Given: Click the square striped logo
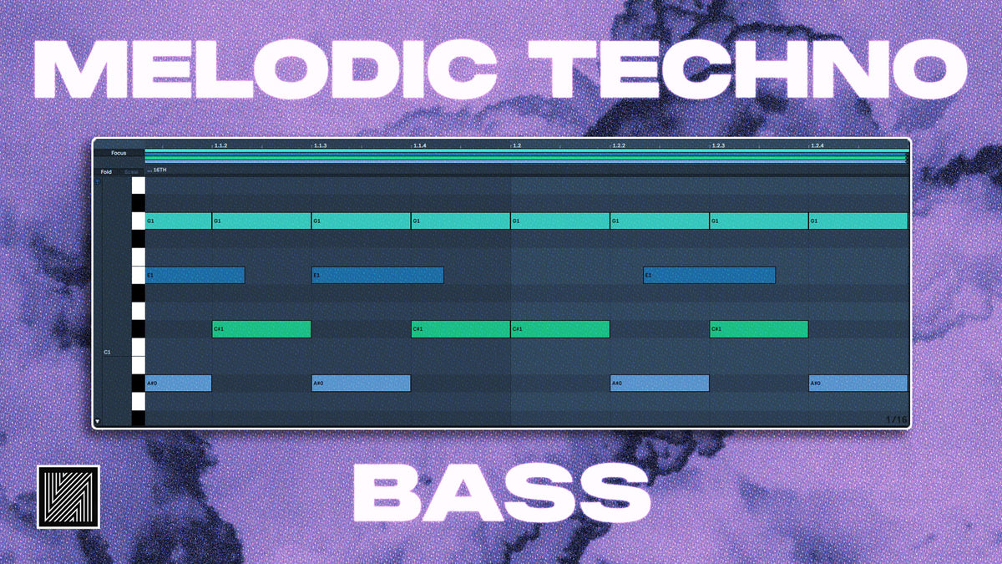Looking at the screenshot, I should point(68,496).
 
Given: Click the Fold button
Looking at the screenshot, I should point(106,172).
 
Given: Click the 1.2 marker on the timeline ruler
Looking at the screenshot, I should point(517,145).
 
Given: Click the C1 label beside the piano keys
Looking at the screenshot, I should point(107,353).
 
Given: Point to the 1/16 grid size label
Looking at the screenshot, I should point(895,419).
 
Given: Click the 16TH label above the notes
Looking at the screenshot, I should point(159,170).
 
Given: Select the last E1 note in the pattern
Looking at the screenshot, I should point(709,275).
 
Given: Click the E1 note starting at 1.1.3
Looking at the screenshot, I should point(377,275).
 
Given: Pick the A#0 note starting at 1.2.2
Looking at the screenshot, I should point(660,384).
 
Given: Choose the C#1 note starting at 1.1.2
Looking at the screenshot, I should point(261,329).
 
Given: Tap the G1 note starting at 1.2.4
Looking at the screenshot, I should point(858,221).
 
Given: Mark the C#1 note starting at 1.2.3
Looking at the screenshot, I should point(759,329).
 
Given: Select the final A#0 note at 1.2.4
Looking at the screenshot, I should point(858,384).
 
